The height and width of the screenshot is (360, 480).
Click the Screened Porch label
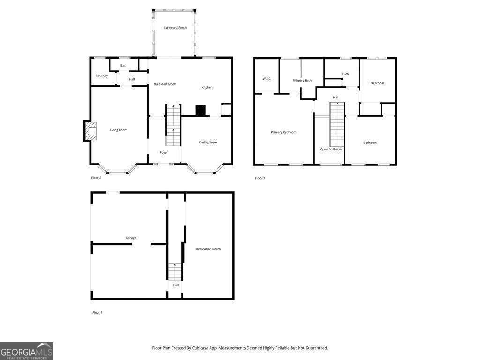[x=175, y=28]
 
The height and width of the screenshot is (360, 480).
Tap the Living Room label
[x=119, y=130]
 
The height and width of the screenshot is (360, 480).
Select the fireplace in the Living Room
[x=90, y=131]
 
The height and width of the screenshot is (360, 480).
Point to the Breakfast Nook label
[x=165, y=84]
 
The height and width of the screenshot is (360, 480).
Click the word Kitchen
[x=207, y=87]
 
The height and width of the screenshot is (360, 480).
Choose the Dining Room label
[x=208, y=142]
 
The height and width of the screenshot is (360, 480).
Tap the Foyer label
[x=164, y=152]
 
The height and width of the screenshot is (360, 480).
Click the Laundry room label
[x=102, y=75]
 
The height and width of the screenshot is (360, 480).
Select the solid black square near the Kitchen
[x=201, y=111]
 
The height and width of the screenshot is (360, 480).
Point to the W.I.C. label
[x=267, y=79]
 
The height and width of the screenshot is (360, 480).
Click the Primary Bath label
[x=302, y=81]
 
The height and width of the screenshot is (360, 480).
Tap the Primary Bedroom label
[x=284, y=132]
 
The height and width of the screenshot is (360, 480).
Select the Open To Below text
[x=331, y=150]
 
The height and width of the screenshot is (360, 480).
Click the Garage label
[x=131, y=238]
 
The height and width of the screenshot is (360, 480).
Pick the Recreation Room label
[x=208, y=249]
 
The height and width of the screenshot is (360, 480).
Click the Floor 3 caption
[x=260, y=178]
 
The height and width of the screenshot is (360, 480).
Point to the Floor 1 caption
[x=97, y=313]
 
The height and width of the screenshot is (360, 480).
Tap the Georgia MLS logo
[x=27, y=351]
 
